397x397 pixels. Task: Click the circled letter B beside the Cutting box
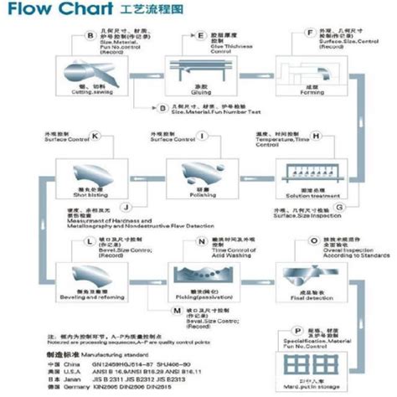pos(90,35)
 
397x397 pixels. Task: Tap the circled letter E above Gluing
pos(200,36)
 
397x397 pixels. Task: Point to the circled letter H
pos(316,135)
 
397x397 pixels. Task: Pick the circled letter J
pos(125,206)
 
